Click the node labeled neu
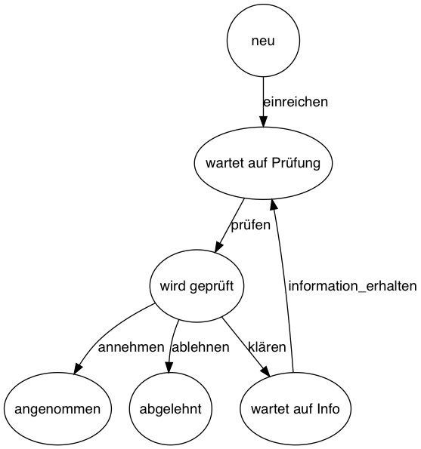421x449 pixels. [x=263, y=41]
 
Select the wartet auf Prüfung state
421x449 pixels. [x=263, y=163]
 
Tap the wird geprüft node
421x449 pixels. [x=197, y=286]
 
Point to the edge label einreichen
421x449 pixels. [x=295, y=102]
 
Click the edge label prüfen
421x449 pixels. [x=250, y=225]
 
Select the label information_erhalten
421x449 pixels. [x=352, y=286]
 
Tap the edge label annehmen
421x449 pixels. [x=131, y=348]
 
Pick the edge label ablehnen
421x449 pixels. [x=200, y=348]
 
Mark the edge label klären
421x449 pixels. [x=267, y=348]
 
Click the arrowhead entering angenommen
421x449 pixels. [x=79, y=368]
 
